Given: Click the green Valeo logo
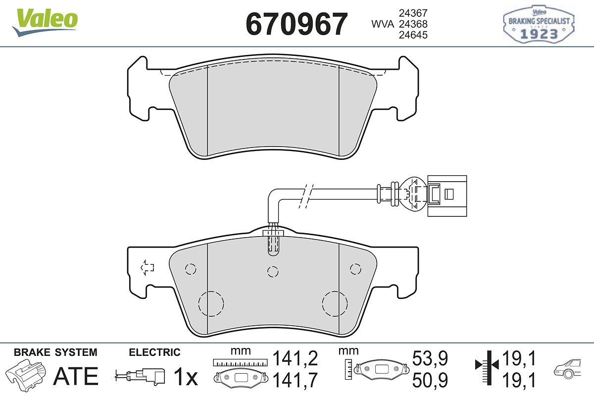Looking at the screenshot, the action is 45,22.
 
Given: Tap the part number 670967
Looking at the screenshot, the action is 297,24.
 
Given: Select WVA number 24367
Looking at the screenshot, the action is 413,13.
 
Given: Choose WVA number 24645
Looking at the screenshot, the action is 413,35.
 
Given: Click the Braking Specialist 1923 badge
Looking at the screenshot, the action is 539,24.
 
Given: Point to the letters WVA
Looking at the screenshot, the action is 383,24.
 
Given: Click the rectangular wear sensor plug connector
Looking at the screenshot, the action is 447,196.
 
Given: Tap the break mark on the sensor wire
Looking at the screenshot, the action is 306,196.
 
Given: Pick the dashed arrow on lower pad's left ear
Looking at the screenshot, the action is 147,267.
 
